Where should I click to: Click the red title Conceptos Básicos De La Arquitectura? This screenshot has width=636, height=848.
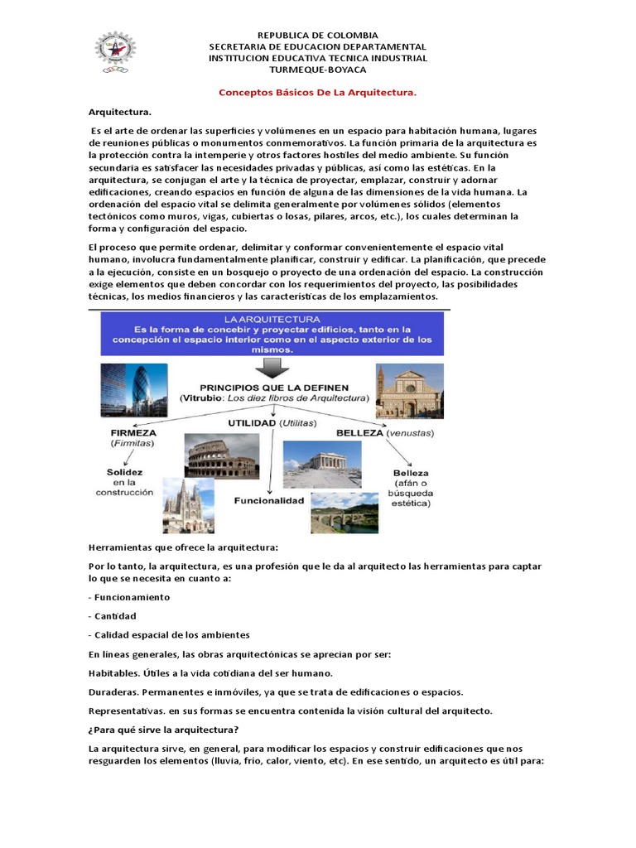[x=317, y=94]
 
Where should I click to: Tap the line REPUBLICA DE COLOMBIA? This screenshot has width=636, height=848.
[x=317, y=36]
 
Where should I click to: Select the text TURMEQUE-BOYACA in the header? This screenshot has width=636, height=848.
[x=317, y=70]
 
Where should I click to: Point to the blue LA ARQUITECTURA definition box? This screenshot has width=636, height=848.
[x=272, y=334]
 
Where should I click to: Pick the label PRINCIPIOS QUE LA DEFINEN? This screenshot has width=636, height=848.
[x=274, y=388]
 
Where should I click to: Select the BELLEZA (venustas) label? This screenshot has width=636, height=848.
[x=388, y=433]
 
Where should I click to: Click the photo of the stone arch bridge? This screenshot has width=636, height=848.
[x=344, y=514]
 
